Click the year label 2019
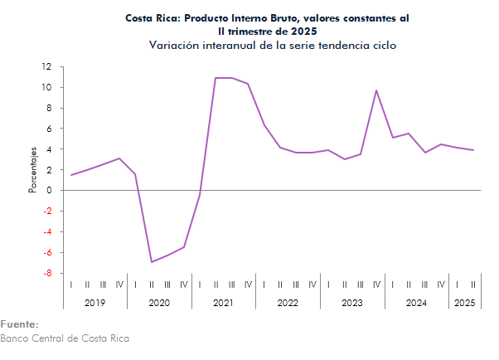click(x=95, y=304)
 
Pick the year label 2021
click(x=223, y=304)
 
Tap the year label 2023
click(x=351, y=304)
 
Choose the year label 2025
click(x=464, y=304)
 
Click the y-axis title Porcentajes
click(x=33, y=169)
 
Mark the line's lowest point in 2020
click(x=152, y=262)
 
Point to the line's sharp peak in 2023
click(x=377, y=90)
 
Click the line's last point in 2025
click(x=472, y=150)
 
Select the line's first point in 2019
click(x=71, y=175)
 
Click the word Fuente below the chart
click(x=19, y=324)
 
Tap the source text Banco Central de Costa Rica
click(x=65, y=338)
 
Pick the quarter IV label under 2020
click(x=184, y=285)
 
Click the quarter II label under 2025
click(x=472, y=285)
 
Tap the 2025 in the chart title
click(x=302, y=31)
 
